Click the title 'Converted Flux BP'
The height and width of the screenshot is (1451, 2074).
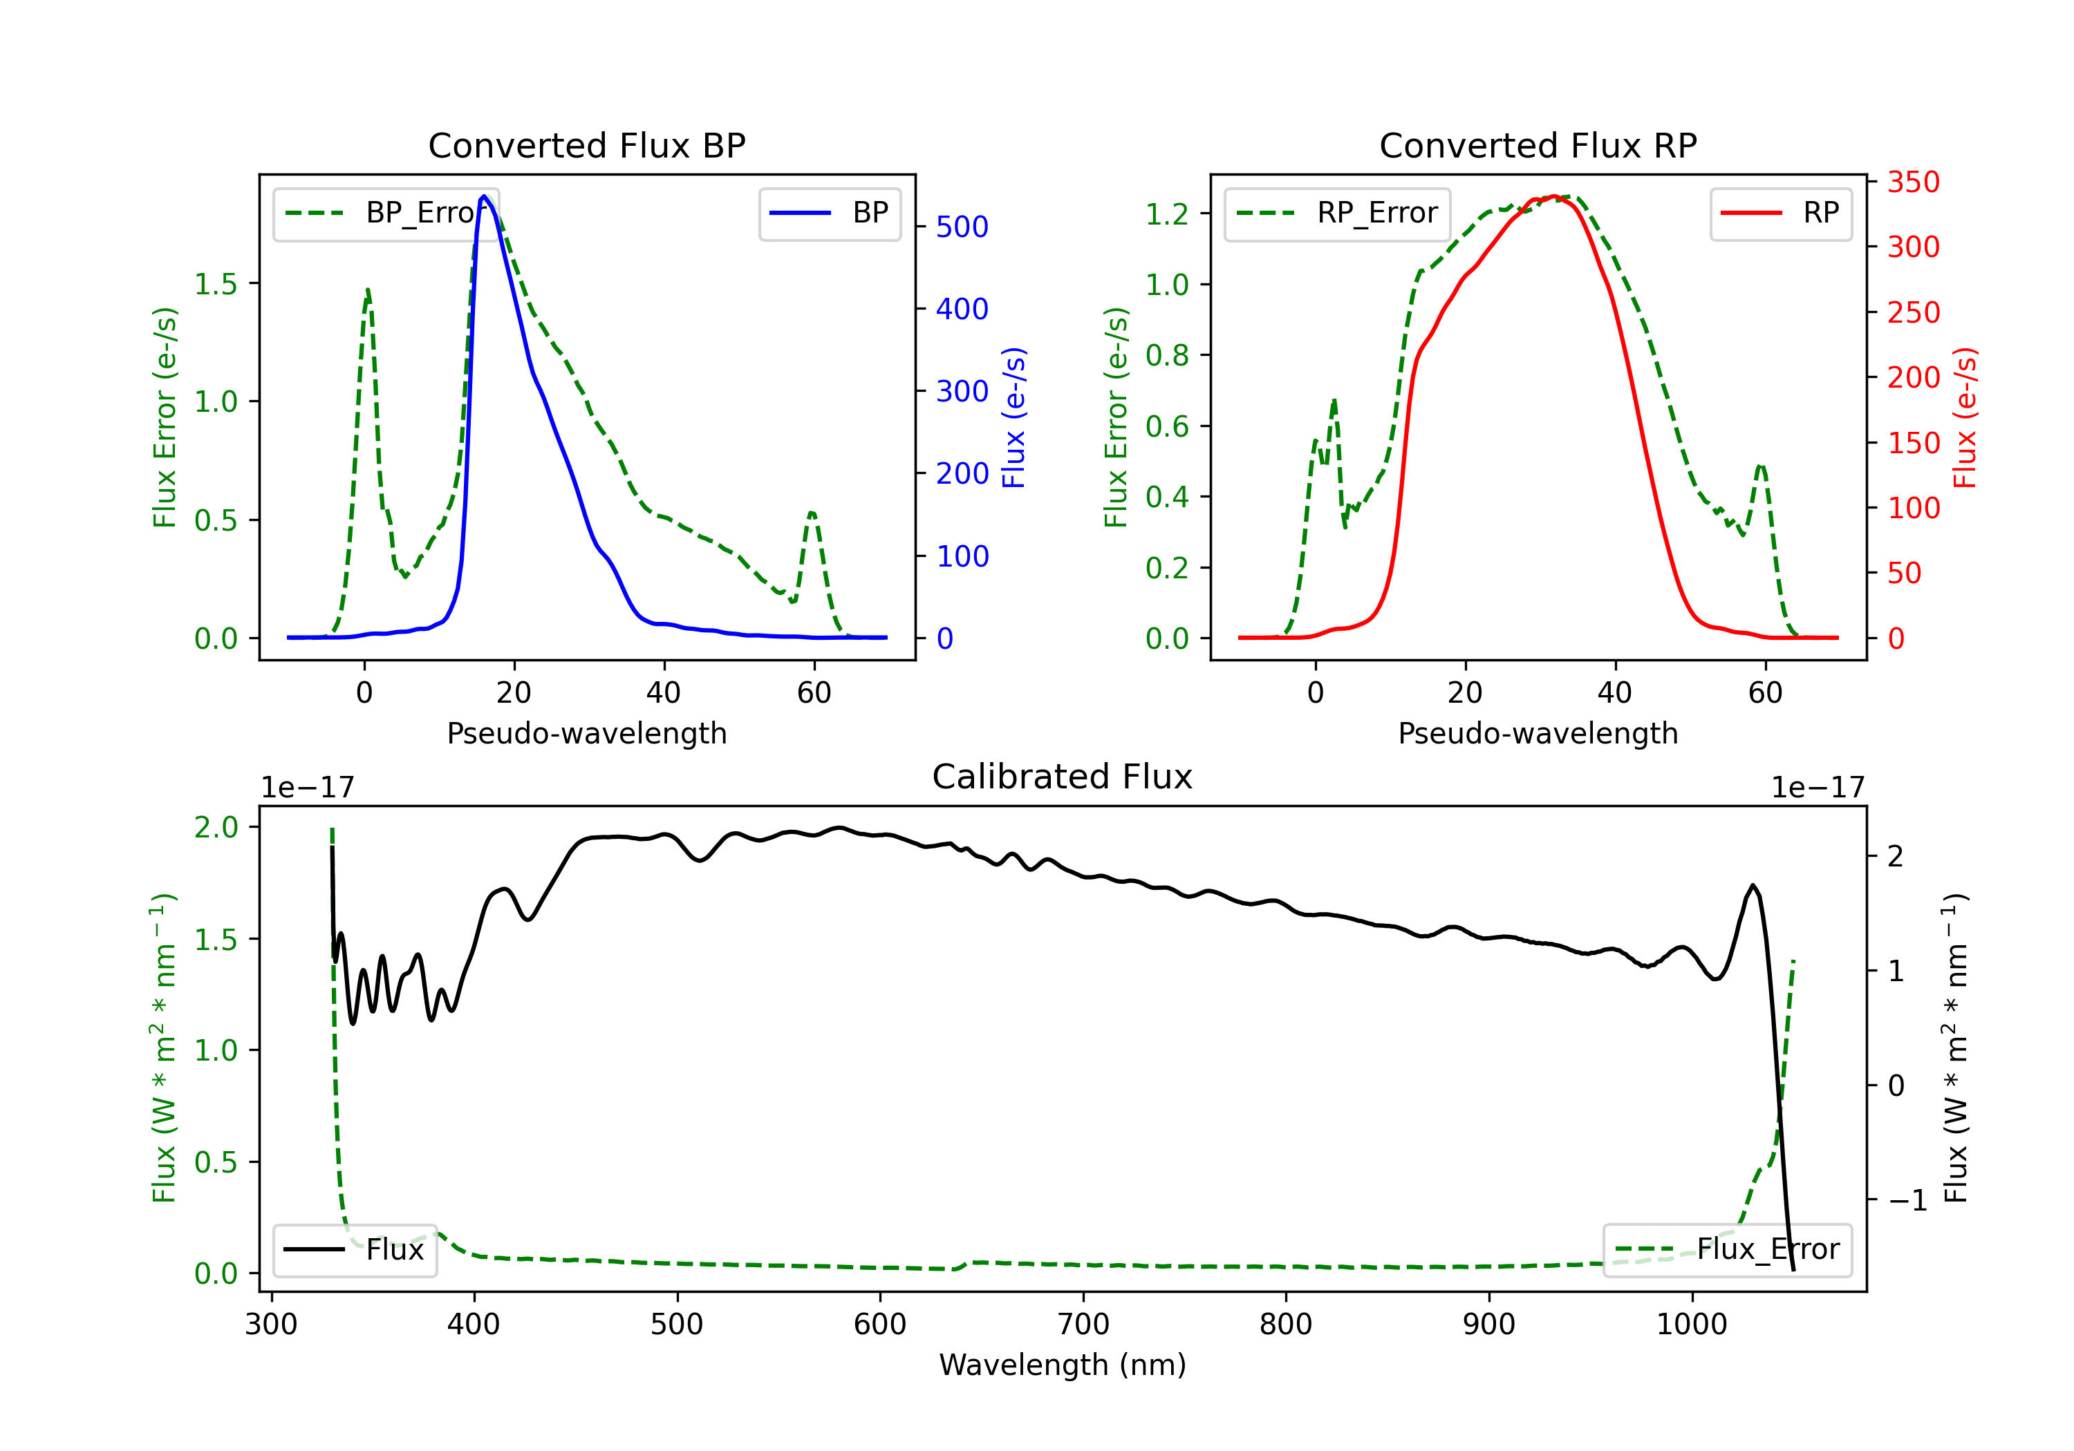click(587, 145)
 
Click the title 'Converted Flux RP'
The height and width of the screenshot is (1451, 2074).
click(1538, 145)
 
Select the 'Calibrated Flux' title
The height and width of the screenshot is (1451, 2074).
click(1063, 777)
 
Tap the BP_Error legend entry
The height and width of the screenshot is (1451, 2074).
click(386, 213)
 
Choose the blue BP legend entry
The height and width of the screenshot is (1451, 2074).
click(829, 213)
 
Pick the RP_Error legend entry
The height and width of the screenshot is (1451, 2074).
click(1337, 213)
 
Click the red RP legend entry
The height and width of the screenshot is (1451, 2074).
click(1780, 213)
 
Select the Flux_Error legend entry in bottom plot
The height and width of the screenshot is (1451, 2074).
click(1727, 1250)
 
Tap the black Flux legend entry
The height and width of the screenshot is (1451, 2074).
click(355, 1250)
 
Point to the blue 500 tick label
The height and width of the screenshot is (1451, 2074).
click(962, 227)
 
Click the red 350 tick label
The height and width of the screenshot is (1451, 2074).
click(1913, 182)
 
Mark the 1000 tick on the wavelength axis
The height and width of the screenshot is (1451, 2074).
click(1692, 1324)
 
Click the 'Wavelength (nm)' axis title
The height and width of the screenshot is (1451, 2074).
click(1063, 1365)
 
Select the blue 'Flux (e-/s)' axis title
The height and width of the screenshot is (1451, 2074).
click(1013, 418)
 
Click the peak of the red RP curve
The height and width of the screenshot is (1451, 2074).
click(1553, 196)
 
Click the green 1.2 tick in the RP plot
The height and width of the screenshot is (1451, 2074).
click(1167, 214)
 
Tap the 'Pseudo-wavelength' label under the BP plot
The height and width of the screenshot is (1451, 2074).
click(587, 733)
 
